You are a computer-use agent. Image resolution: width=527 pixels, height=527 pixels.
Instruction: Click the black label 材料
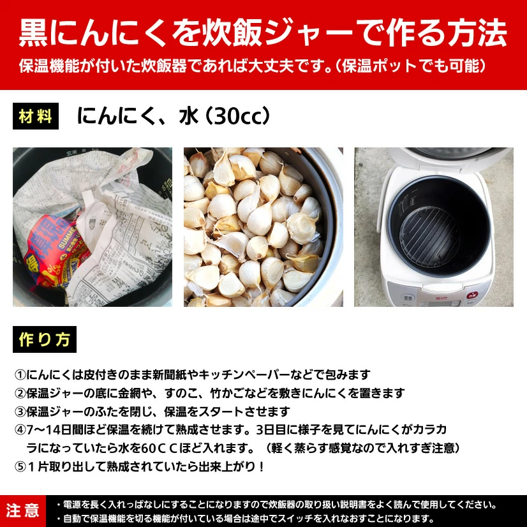tap(36, 116)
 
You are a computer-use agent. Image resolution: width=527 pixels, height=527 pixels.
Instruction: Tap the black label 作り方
tap(44, 339)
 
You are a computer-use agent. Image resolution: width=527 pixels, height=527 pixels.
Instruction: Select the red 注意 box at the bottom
tap(23, 510)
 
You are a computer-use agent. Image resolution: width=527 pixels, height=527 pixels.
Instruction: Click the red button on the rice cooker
tap(472, 295)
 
